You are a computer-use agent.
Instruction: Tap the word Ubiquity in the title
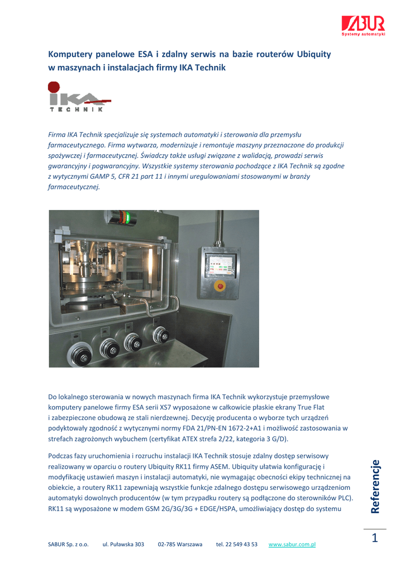point(313,54)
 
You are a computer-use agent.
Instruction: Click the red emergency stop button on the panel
point(219,287)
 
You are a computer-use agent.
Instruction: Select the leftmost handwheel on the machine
point(79,353)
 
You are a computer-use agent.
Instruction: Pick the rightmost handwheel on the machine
point(161,335)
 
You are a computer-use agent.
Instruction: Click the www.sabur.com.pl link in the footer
point(292,544)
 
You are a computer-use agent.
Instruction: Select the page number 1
point(374,538)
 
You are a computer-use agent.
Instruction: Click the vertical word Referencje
point(375,486)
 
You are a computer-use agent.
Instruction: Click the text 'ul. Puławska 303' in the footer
point(123,544)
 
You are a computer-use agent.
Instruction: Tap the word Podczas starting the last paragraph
point(61,456)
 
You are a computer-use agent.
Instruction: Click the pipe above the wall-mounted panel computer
point(221,229)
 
